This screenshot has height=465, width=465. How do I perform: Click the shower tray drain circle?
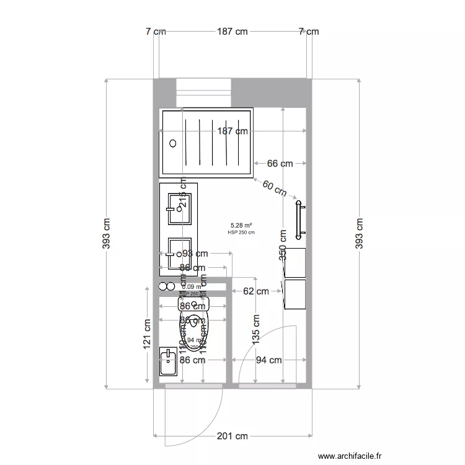173,143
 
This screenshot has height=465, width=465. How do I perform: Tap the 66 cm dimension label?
280,164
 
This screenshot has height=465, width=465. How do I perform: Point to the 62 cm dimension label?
255,291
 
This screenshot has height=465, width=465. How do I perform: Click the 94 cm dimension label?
268,360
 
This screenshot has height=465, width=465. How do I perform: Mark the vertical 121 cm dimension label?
148,335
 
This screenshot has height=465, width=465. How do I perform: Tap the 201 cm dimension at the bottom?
233,436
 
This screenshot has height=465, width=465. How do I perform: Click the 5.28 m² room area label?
241,226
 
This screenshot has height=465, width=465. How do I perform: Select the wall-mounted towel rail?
300,220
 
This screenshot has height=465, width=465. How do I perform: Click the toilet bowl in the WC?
194,322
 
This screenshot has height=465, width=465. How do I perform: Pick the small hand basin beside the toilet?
168,361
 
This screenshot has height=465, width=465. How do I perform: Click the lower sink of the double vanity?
179,253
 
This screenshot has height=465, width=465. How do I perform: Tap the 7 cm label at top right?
308,32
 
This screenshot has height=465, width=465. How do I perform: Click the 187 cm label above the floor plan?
232,32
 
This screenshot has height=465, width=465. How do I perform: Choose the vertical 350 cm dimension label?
283,245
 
